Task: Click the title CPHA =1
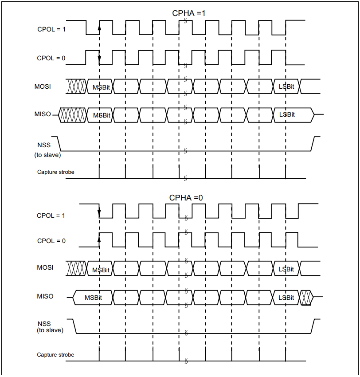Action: click(x=188, y=13)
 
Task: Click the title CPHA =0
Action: click(x=186, y=197)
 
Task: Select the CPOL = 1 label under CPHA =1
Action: click(x=51, y=29)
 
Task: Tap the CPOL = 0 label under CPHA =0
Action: click(x=51, y=241)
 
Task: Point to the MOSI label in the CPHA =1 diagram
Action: click(x=43, y=86)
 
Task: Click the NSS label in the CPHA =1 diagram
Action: click(x=44, y=145)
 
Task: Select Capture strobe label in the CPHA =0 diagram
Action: click(x=55, y=355)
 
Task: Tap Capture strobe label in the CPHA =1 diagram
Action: click(x=55, y=172)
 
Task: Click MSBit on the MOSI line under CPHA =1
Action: click(x=102, y=87)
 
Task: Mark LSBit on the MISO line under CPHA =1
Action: click(x=287, y=114)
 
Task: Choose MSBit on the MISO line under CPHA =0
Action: click(x=93, y=297)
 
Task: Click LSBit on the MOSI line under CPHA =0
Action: click(x=286, y=269)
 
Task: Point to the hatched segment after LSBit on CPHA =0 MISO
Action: click(x=306, y=297)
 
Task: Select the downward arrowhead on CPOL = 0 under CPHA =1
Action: click(x=99, y=61)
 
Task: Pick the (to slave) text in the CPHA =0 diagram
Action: click(x=50, y=330)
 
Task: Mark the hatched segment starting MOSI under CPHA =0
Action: click(x=76, y=268)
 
